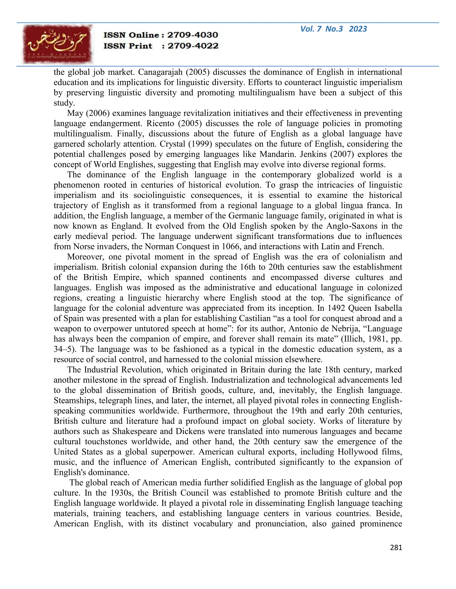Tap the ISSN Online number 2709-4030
point(193,35)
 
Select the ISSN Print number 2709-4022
point(193,46)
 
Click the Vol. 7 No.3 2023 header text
point(333,29)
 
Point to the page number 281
point(396,547)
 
